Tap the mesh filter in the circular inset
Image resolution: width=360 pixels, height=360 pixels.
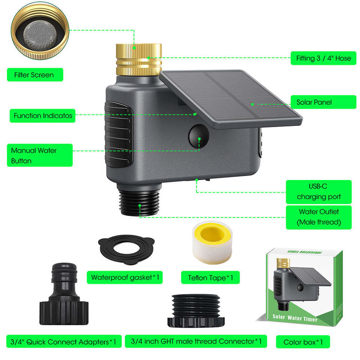[x=40, y=35]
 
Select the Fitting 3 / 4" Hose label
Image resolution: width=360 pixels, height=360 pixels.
[x=323, y=58]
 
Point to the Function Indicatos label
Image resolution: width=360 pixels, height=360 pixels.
[x=42, y=115]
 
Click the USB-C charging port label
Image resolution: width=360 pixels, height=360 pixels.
[x=319, y=192]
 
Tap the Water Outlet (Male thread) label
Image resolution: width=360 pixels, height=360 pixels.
[x=319, y=217]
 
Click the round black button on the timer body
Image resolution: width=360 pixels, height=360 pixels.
[x=199, y=136]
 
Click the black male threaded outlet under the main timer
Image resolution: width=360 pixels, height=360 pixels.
[x=139, y=201]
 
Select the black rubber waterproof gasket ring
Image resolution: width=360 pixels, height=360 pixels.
[x=126, y=249]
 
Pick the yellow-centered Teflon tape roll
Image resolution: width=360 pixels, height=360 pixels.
[x=212, y=242]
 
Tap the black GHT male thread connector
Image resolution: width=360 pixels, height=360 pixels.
[x=196, y=311]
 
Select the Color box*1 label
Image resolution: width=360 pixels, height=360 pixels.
[x=303, y=342]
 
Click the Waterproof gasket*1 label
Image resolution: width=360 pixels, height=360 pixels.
[x=124, y=277]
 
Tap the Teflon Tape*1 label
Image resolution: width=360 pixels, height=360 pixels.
[x=210, y=277]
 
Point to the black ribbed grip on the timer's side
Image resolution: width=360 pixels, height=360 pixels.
[x=118, y=135]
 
